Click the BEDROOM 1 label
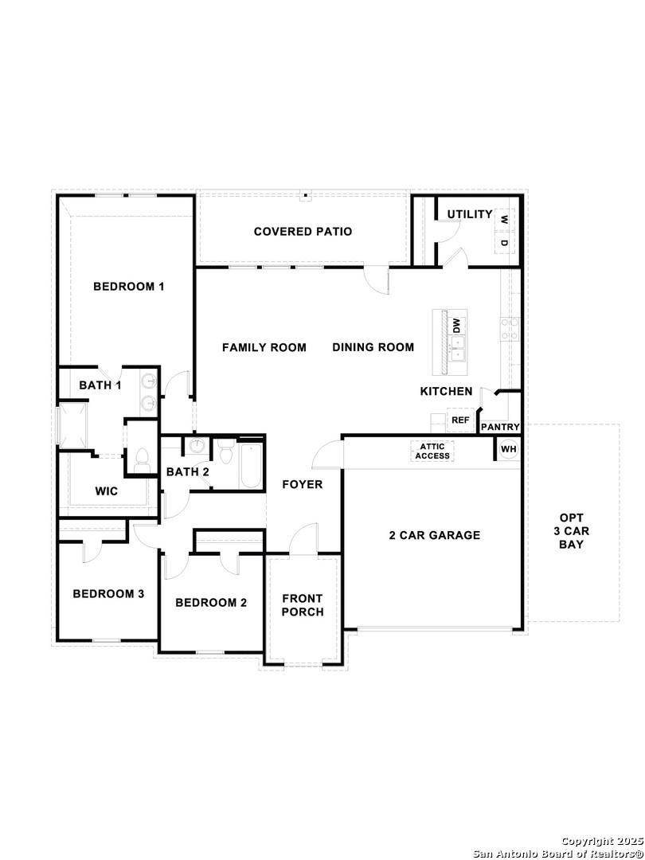click(x=129, y=287)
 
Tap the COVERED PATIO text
click(x=303, y=232)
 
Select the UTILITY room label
click(x=470, y=214)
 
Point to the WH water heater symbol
click(x=508, y=449)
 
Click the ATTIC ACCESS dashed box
click(x=432, y=451)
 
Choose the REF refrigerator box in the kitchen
click(x=460, y=420)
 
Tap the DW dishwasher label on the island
click(x=457, y=326)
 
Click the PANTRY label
click(x=500, y=427)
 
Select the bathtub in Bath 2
click(x=251, y=465)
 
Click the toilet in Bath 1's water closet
click(x=142, y=459)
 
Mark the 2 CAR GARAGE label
click(x=435, y=535)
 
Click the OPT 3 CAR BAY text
click(x=572, y=531)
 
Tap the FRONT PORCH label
click(x=303, y=605)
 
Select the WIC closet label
click(x=107, y=491)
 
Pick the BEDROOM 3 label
click(x=108, y=593)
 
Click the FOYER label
click(x=303, y=484)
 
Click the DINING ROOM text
click(x=373, y=347)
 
